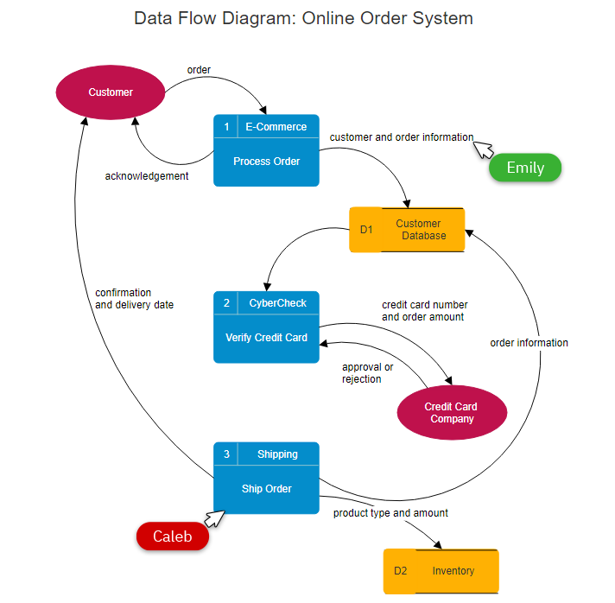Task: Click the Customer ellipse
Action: [111, 92]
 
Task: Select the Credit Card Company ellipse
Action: [452, 413]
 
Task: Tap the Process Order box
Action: [266, 161]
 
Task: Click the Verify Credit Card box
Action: [266, 337]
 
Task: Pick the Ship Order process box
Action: [266, 488]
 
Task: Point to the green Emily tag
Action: [525, 168]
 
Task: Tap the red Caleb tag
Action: [173, 536]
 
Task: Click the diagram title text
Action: [303, 18]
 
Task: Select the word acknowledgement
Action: [147, 176]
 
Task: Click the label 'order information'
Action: [529, 343]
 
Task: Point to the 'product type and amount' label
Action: [390, 513]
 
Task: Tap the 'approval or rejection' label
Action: [367, 373]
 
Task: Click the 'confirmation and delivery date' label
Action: [134, 299]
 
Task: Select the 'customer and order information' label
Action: [402, 136]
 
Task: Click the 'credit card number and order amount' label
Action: [424, 311]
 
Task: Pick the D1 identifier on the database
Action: [365, 230]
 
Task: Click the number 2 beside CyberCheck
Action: [226, 303]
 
